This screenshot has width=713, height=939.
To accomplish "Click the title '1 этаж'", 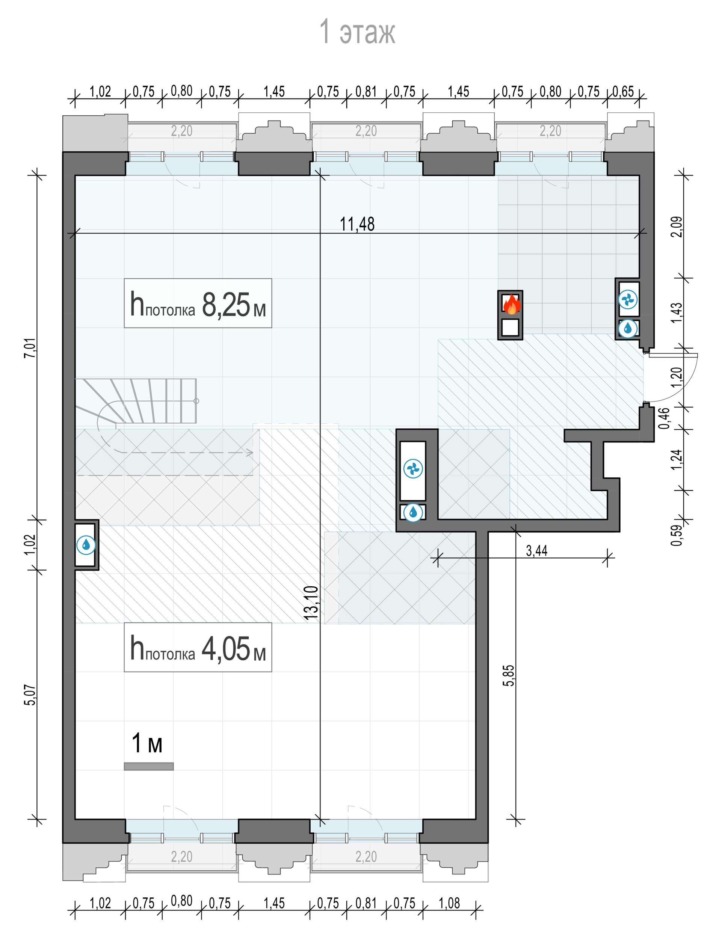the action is (357, 32).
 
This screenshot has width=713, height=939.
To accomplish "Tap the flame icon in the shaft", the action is (511, 304).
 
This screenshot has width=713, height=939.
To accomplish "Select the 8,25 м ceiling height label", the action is (198, 303).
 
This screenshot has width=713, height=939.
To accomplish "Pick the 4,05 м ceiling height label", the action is (198, 648).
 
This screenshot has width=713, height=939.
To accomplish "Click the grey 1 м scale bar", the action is (149, 766).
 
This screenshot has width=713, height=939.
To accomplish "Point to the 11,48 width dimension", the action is (357, 224).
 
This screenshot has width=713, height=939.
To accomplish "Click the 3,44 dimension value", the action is (537, 551).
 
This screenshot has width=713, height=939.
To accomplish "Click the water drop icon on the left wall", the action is (86, 544).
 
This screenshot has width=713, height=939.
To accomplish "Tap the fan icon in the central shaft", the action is (413, 469).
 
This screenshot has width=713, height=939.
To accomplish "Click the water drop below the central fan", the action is (413, 512).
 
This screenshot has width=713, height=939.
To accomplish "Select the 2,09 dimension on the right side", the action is (677, 227).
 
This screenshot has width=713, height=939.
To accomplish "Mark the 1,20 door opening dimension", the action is (677, 377).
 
